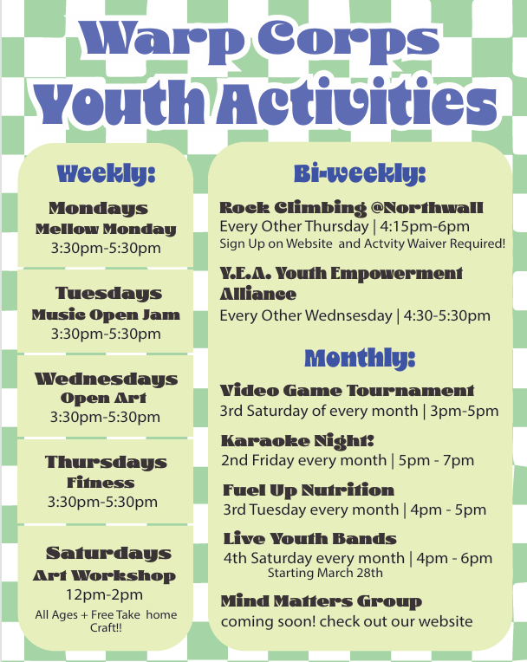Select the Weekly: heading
(106, 172)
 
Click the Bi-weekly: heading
(360, 173)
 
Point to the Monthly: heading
(360, 357)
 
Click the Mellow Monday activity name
(106, 230)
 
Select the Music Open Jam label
(106, 315)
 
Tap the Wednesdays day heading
(106, 379)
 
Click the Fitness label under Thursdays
(101, 483)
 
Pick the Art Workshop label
(104, 575)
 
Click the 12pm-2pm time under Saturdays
(104, 595)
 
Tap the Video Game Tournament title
(347, 391)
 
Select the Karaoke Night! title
(297, 440)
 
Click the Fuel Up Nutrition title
(309, 490)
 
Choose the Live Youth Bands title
(309, 539)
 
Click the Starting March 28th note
(325, 574)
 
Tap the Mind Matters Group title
(321, 601)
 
